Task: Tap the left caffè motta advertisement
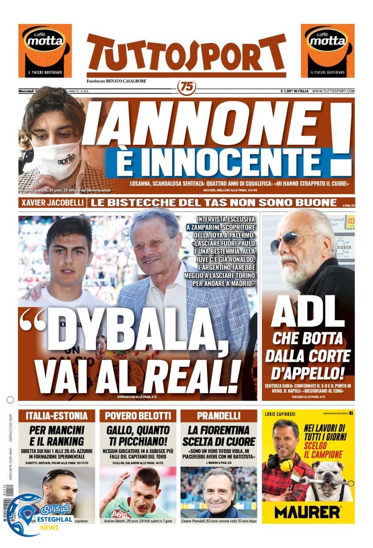[x=45, y=51]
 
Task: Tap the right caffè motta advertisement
[x=327, y=51]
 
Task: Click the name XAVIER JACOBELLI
[x=52, y=203]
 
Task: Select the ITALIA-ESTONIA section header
[x=56, y=416]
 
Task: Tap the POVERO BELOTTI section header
[x=138, y=416]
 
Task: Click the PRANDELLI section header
[x=219, y=416]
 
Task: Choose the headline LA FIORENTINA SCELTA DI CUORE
[x=219, y=436]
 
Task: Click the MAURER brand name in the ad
[x=307, y=512]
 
